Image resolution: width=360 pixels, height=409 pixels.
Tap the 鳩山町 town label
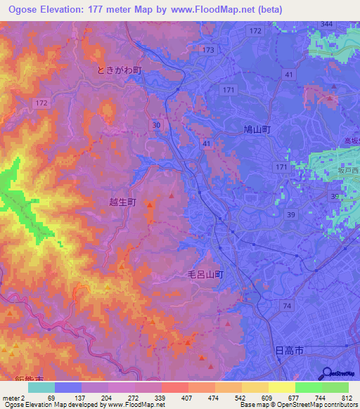click(257, 129)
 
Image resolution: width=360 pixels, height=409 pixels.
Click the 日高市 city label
click(288, 349)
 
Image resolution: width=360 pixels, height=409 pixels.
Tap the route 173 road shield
click(207, 50)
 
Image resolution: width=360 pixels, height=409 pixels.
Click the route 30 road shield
click(156, 124)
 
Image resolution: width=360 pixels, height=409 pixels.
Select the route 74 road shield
click(286, 304)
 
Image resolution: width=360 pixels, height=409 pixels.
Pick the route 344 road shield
click(326, 24)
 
